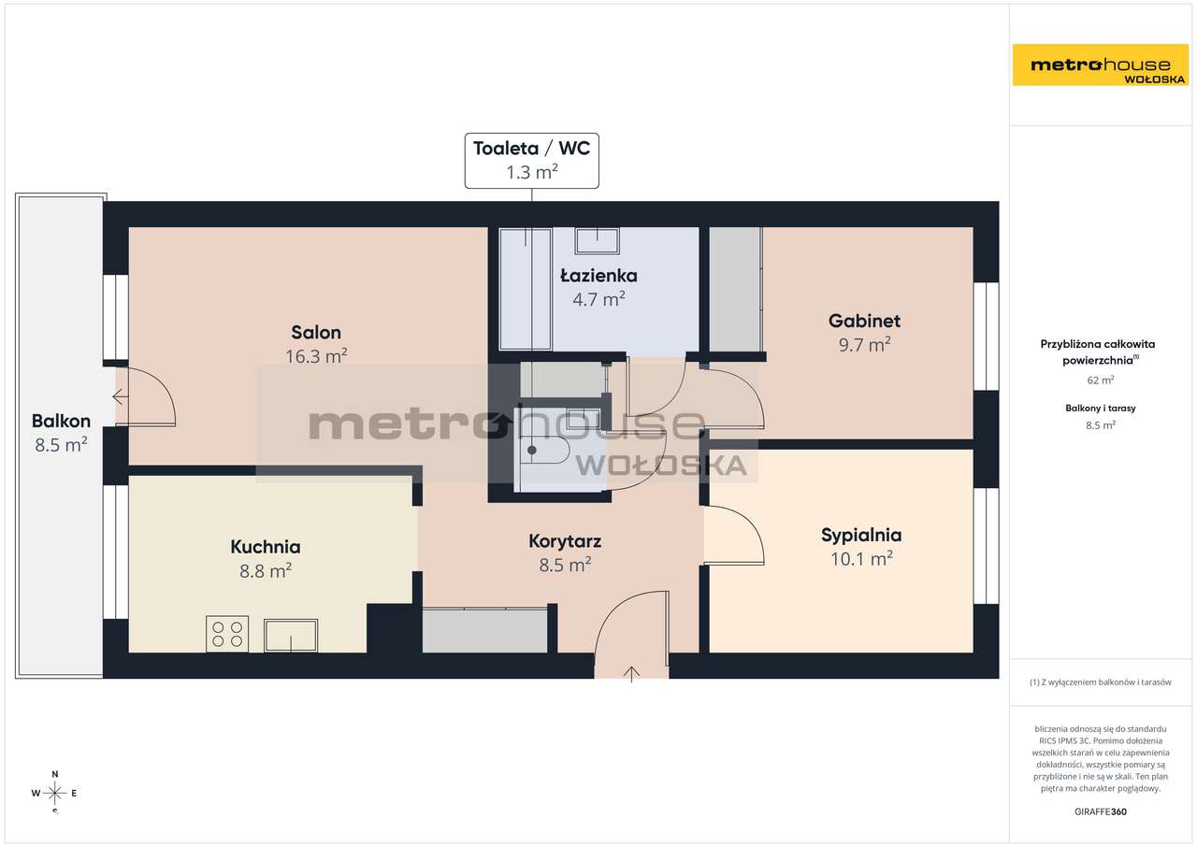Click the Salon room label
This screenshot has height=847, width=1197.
pyautogui.click(x=316, y=332)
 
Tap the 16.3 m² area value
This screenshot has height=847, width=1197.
pyautogui.click(x=316, y=356)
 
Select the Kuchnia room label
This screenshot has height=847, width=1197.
pyautogui.click(x=266, y=547)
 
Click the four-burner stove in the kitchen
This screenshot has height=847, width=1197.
pyautogui.click(x=227, y=634)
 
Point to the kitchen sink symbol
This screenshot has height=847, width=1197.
pyautogui.click(x=291, y=636)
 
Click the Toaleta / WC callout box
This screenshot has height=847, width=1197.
pyautogui.click(x=532, y=161)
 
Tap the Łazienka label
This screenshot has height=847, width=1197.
pyautogui.click(x=598, y=276)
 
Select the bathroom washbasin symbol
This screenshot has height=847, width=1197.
pyautogui.click(x=597, y=241)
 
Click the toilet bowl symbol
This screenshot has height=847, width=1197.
pyautogui.click(x=544, y=450)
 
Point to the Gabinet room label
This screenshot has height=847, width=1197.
pyautogui.click(x=864, y=321)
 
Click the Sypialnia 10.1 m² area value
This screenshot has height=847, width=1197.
pyautogui.click(x=861, y=559)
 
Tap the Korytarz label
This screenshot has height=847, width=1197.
pyautogui.click(x=565, y=541)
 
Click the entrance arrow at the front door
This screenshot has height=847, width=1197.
pyautogui.click(x=631, y=674)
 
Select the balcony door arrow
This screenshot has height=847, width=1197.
pyautogui.click(x=121, y=396)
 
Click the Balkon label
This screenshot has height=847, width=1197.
pyautogui.click(x=61, y=421)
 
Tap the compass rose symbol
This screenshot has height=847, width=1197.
pyautogui.click(x=54, y=793)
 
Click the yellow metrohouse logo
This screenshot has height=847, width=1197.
pyautogui.click(x=1101, y=65)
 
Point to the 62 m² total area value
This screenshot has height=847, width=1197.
pyautogui.click(x=1101, y=380)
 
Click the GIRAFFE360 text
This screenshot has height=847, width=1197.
pyautogui.click(x=1101, y=811)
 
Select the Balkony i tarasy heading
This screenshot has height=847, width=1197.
pyautogui.click(x=1101, y=408)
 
